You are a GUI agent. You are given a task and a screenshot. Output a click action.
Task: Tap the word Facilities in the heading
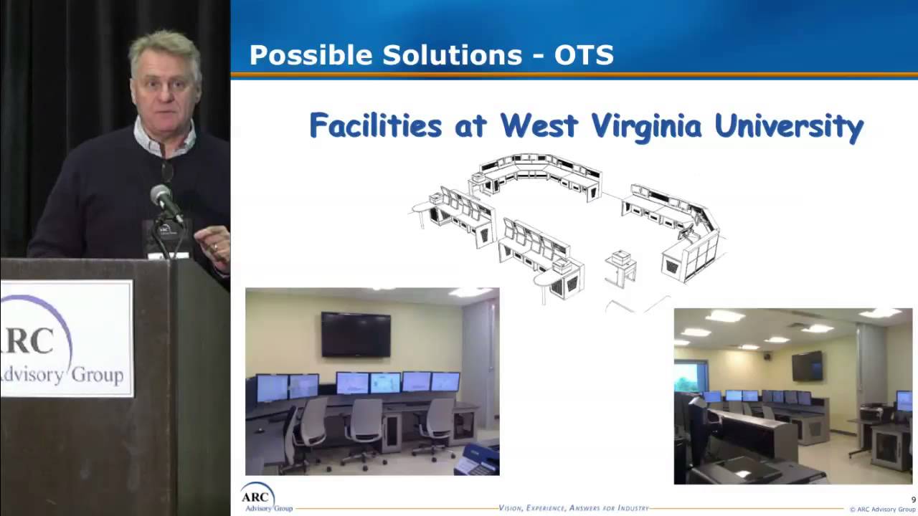[375, 126]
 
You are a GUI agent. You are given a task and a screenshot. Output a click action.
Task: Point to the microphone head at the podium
[161, 195]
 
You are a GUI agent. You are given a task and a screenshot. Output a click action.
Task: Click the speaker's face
[165, 90]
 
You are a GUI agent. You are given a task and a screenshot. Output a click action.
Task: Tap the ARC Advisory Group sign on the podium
[66, 338]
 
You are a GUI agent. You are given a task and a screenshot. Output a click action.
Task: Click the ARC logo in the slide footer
[257, 497]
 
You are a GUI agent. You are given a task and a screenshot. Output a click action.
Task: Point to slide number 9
[913, 500]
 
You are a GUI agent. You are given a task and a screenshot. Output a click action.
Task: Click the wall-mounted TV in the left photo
[356, 334]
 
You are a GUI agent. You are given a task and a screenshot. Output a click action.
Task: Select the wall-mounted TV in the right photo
[807, 366]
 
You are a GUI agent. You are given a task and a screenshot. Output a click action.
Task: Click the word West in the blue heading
[539, 126]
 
